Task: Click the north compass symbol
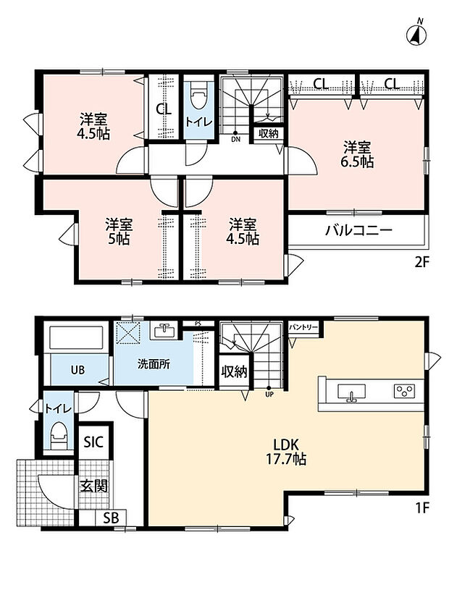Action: coord(416,33)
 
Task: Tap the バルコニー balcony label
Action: coord(358,230)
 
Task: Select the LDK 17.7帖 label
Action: coord(285,452)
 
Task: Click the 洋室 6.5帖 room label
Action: coord(357,155)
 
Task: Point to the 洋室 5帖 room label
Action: coord(119,232)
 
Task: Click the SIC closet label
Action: coord(93,442)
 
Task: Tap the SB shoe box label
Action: coord(111,518)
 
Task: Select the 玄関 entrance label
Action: coord(93,486)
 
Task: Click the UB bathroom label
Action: coord(77,370)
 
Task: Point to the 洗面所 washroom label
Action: coord(154,364)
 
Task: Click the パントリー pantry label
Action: coord(303,327)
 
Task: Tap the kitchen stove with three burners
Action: coord(404,391)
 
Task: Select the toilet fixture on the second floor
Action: coord(198,101)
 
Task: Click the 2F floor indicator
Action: coord(421,262)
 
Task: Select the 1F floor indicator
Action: coord(421,507)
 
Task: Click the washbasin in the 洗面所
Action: coord(165,331)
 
